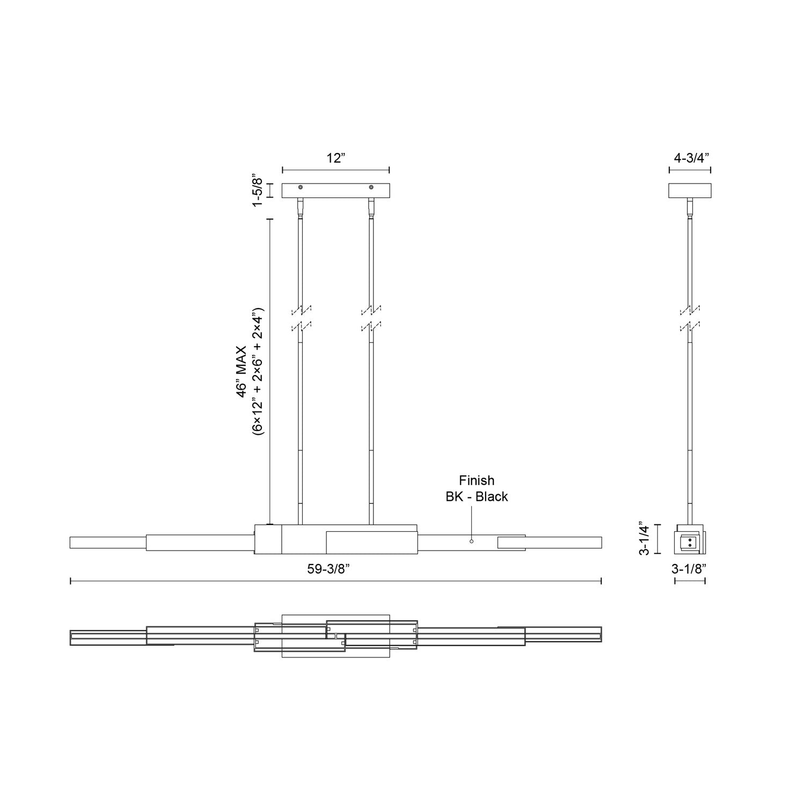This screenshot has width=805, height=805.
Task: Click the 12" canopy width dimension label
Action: point(335,158)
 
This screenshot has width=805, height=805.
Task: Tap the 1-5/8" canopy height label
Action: point(258,191)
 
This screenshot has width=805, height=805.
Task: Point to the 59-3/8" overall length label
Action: point(336,570)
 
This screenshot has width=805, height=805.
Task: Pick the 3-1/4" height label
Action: point(646,538)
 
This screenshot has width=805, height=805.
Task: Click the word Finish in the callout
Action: point(477,480)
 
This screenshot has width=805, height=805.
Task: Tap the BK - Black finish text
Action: point(477,496)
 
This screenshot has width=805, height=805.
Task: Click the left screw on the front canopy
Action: point(301,187)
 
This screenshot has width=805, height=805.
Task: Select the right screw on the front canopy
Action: point(371,187)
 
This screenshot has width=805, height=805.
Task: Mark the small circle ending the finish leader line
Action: point(472,541)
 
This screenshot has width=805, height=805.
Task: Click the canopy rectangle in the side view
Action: point(690,191)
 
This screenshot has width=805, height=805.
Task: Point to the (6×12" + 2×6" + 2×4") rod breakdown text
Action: point(258,372)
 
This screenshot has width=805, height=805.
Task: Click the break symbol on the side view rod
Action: point(690,318)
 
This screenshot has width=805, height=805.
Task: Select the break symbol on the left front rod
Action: point(301,318)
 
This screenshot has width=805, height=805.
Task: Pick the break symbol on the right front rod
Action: point(371,318)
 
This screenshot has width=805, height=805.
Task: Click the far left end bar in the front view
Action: point(107,542)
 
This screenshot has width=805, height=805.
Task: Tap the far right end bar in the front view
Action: point(563,542)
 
